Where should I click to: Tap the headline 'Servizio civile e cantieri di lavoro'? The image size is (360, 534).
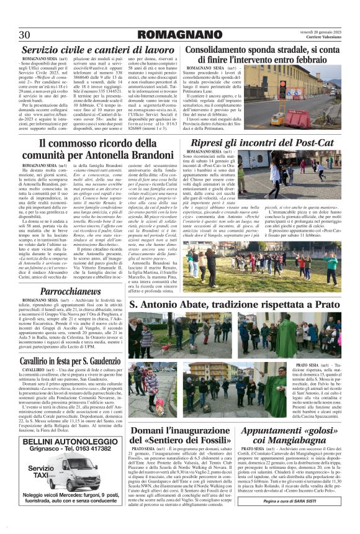pos(97,50)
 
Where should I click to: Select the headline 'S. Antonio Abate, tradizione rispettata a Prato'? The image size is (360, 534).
pos(234,305)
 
